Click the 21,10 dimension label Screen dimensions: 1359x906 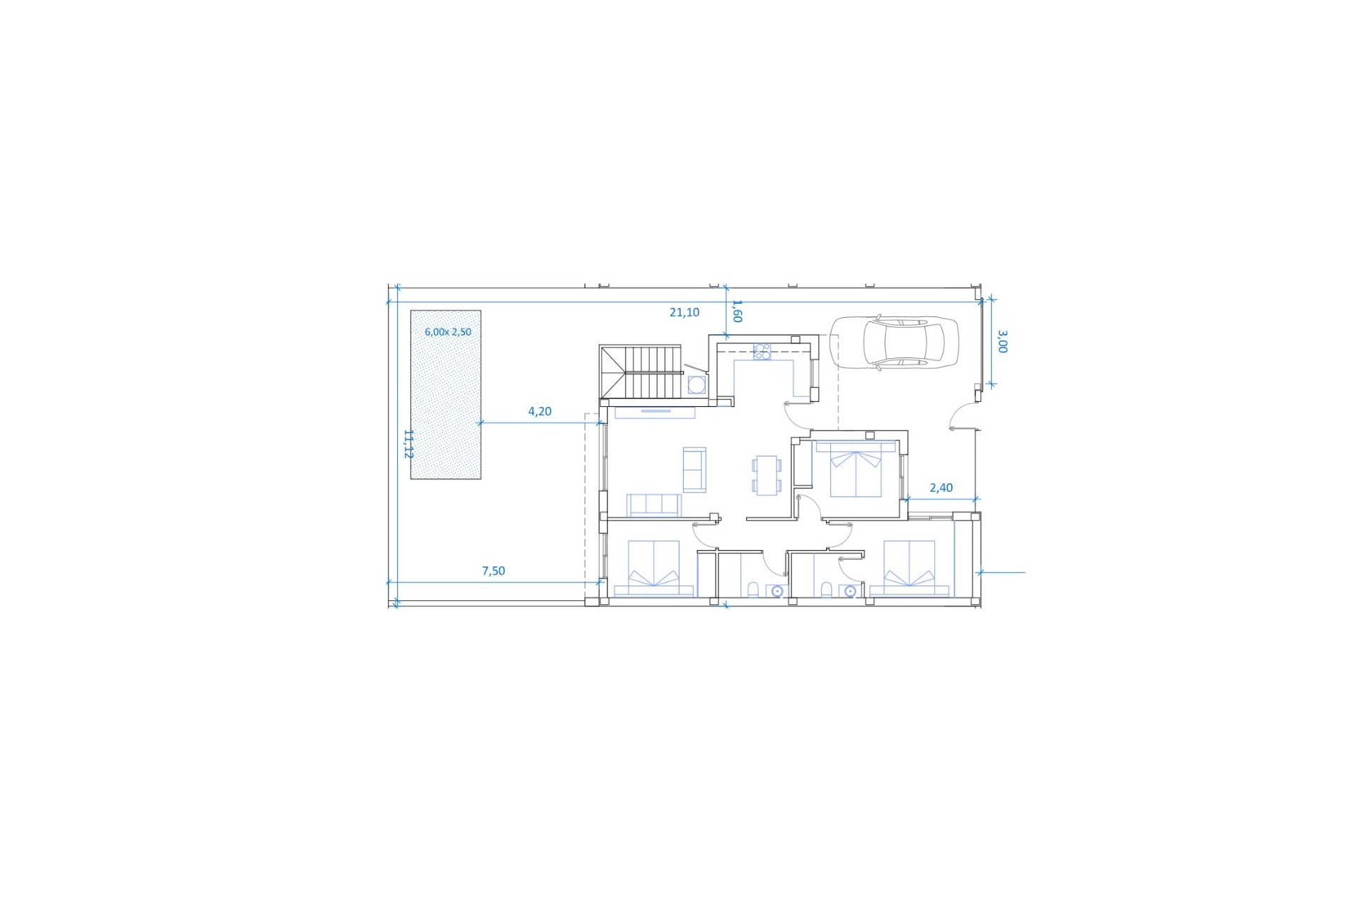(x=684, y=312)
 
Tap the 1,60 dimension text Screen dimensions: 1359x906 (x=737, y=311)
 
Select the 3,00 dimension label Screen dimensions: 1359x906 (x=1002, y=341)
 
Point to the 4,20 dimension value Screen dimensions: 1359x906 (x=539, y=411)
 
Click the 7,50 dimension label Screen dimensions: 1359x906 (x=493, y=571)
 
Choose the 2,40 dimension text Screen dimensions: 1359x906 (x=941, y=488)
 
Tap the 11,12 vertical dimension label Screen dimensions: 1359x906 (x=408, y=444)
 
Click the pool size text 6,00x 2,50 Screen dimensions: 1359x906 (x=448, y=332)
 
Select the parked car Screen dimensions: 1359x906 (x=894, y=343)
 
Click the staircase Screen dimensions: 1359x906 (x=641, y=372)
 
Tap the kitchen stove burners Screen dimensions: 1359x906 (x=762, y=351)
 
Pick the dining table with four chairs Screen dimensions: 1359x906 (x=767, y=475)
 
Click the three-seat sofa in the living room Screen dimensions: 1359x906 (x=653, y=505)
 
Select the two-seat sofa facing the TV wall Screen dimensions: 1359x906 (x=694, y=469)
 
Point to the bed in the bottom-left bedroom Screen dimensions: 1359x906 (x=653, y=568)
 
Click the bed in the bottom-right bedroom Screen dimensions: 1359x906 (x=909, y=568)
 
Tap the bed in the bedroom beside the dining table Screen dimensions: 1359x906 (x=856, y=469)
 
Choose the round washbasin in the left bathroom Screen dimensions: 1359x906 (x=777, y=591)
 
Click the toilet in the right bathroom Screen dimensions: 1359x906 (x=826, y=590)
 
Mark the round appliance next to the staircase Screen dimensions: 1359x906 (x=696, y=384)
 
